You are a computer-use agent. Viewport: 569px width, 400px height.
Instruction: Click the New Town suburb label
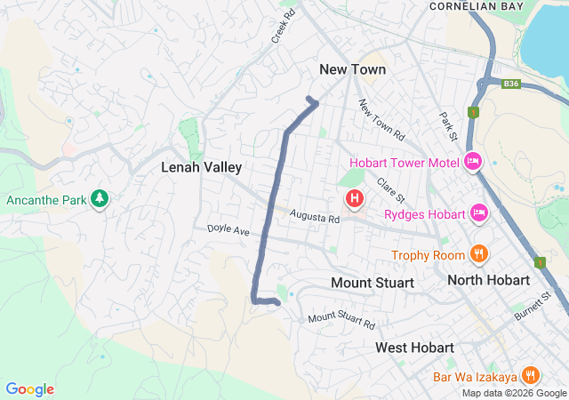353,69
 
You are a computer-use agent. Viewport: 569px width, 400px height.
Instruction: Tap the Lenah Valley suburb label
201,167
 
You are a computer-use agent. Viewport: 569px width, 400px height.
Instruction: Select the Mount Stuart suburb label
373,283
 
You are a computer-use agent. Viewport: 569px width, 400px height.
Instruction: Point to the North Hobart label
488,280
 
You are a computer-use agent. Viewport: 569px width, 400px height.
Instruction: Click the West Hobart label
414,347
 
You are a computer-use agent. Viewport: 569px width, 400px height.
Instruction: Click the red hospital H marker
355,197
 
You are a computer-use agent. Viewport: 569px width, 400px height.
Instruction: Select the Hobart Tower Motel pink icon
473,162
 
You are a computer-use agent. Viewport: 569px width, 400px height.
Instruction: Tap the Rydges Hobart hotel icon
479,213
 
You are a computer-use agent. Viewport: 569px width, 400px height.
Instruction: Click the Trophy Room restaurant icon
478,254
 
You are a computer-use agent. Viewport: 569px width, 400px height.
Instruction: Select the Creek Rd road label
283,28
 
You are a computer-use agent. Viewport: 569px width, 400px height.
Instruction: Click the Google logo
29,389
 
